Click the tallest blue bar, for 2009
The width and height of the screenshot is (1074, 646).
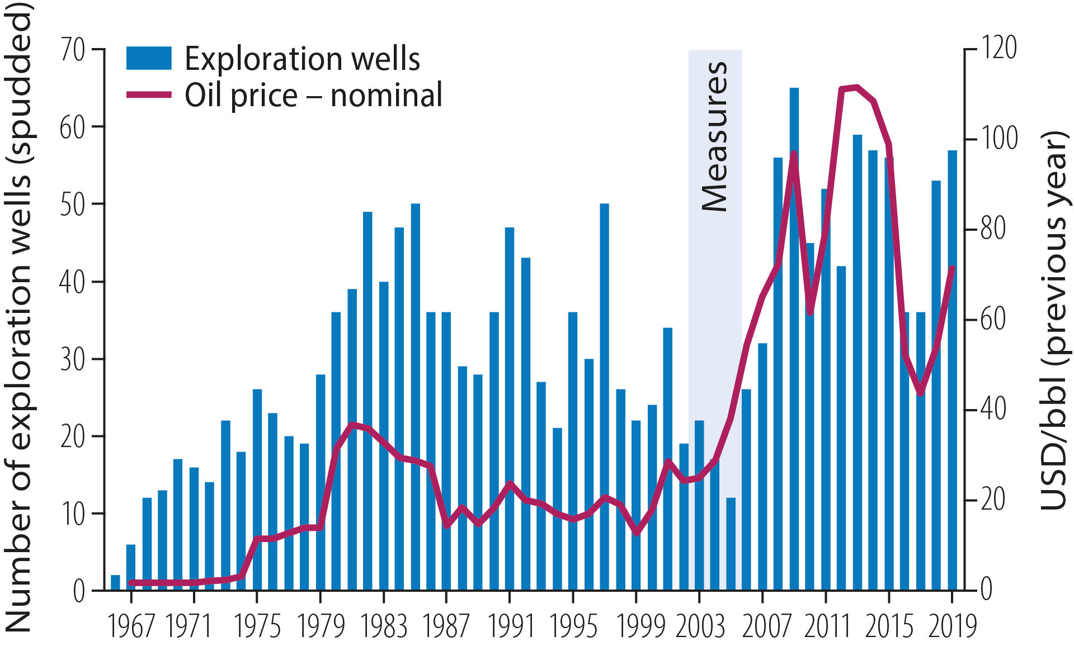click(794, 335)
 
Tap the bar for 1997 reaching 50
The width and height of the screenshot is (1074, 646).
click(604, 391)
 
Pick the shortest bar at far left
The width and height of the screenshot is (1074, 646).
click(115, 582)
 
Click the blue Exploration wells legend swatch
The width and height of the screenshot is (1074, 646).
click(149, 58)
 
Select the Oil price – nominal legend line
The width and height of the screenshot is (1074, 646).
click(149, 95)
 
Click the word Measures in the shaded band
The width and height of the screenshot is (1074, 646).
click(715, 137)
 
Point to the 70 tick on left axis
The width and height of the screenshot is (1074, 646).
click(73, 50)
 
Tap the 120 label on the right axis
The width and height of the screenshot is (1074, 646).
click(998, 48)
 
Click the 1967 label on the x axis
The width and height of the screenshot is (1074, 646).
click(131, 626)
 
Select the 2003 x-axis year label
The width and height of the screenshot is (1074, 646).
click(700, 626)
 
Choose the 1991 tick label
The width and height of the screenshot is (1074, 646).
click(510, 626)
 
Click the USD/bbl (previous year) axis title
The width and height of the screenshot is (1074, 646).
click(1054, 321)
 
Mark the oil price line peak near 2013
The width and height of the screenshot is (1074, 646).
click(856, 87)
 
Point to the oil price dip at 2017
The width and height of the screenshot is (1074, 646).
click(920, 393)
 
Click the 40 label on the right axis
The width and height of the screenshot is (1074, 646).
click(993, 409)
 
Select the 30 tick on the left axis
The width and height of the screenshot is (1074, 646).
click(73, 360)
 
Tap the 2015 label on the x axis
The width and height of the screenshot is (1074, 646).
click(889, 626)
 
